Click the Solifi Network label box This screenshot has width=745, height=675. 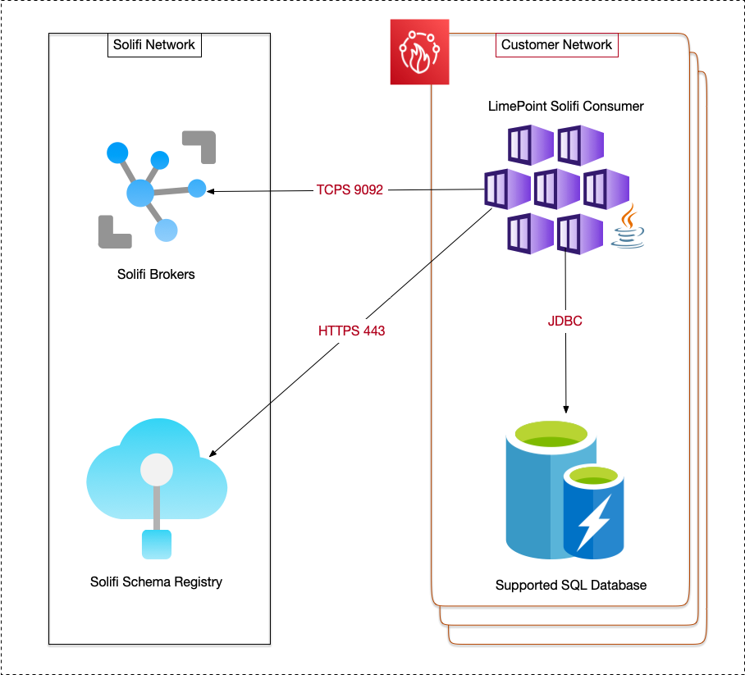click(154, 44)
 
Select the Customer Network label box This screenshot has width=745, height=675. click(556, 44)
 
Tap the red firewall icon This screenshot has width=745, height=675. click(419, 52)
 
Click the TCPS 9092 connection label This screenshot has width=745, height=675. click(350, 189)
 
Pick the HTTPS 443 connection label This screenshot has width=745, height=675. click(351, 331)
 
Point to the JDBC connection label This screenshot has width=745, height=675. click(564, 322)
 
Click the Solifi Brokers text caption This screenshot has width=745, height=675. click(156, 274)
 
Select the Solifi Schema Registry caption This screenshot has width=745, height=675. click(156, 582)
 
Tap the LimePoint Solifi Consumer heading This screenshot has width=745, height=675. click(565, 106)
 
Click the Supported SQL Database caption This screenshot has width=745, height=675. click(570, 585)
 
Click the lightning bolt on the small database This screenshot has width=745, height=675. click(592, 522)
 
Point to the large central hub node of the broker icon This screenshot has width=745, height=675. click(140, 194)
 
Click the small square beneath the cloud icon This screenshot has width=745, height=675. click(156, 544)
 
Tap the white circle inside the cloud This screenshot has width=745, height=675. click(156, 470)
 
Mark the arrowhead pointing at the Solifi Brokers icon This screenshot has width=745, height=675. click(211, 191)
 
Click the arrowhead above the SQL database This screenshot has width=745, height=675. click(565, 408)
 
